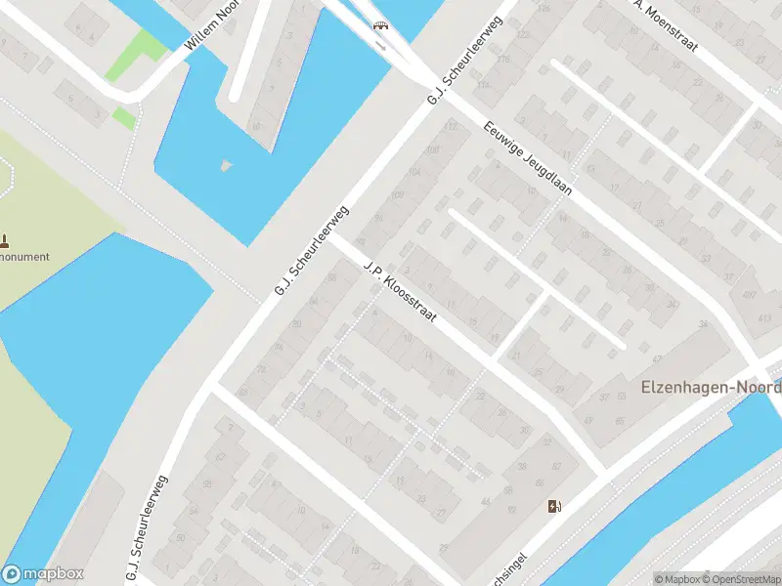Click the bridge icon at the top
pyautogui.click(x=379, y=25)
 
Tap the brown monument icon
pyautogui.click(x=5, y=239)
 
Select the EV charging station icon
pyautogui.click(x=555, y=505)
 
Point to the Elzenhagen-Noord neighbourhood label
pyautogui.click(x=711, y=387)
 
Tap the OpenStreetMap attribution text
pyautogui.click(x=743, y=578)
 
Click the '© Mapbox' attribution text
pyautogui.click(x=678, y=578)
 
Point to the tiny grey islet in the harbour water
pyautogui.click(x=227, y=165)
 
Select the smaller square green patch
pyautogui.click(x=124, y=117)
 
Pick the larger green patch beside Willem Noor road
pyautogui.click(x=136, y=56)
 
